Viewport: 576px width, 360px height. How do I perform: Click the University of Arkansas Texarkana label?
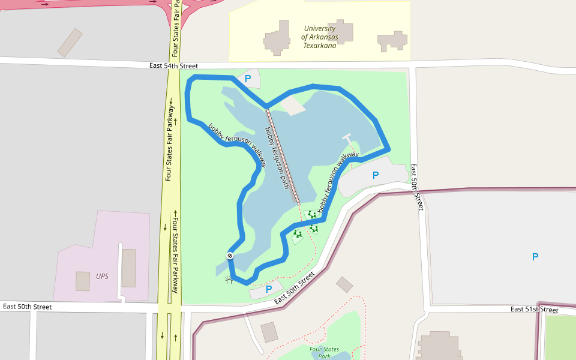tap(319, 37)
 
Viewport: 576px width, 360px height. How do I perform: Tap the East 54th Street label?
tap(173, 65)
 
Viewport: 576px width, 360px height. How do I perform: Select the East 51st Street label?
tap(534, 310)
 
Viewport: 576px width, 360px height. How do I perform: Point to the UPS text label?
tap(102, 277)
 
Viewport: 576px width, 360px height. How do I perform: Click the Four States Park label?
tap(324, 352)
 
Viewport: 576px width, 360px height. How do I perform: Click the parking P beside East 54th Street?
tap(247, 79)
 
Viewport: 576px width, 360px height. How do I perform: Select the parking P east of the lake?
tap(376, 175)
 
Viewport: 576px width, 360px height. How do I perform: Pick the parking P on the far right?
tap(535, 257)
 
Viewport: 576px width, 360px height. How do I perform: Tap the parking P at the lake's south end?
tap(269, 289)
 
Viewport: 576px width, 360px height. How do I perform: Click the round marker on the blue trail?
tap(230, 256)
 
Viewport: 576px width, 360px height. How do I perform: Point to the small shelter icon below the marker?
tap(229, 280)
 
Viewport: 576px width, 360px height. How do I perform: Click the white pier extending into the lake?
tap(347, 139)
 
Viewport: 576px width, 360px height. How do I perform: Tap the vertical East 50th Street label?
tap(416, 187)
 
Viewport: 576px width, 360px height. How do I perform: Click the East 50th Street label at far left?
tap(27, 307)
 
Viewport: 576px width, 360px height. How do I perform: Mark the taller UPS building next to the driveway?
tap(128, 268)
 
